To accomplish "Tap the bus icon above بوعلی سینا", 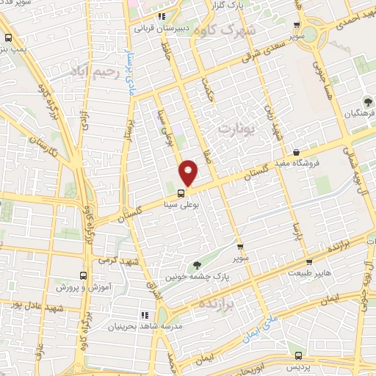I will tap(181, 193).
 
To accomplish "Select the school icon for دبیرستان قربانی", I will tap(162, 15).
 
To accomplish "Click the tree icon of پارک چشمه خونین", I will tap(196, 264).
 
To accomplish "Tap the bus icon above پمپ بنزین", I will tap(8, 39).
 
